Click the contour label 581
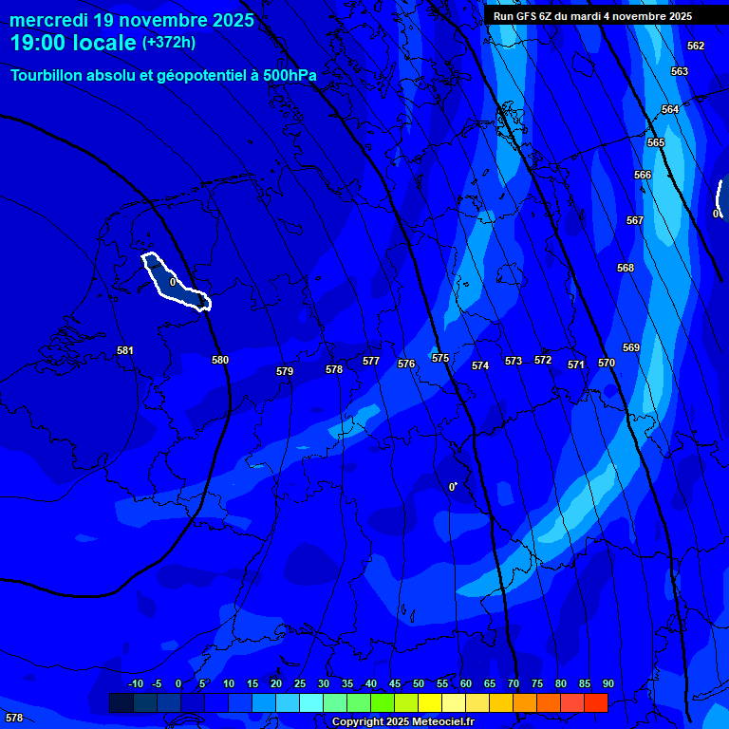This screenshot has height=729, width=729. coord(125,350)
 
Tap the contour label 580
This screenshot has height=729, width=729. coord(220,360)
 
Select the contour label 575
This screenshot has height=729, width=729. coord(440,358)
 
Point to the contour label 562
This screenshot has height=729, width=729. coord(696,46)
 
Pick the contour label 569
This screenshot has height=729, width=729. coord(631,347)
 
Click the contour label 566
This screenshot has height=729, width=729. coord(643,175)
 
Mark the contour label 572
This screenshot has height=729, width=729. coord(543,360)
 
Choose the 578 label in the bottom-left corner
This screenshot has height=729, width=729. coord(14,718)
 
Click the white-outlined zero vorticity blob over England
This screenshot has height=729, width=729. coord(176,282)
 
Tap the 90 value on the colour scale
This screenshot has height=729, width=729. coord(608,683)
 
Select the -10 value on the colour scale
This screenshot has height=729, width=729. coord(136,683)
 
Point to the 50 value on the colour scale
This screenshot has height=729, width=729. coord(419,683)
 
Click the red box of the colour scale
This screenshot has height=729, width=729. coord(596,702)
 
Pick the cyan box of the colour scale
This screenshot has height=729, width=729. coord(311,702)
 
